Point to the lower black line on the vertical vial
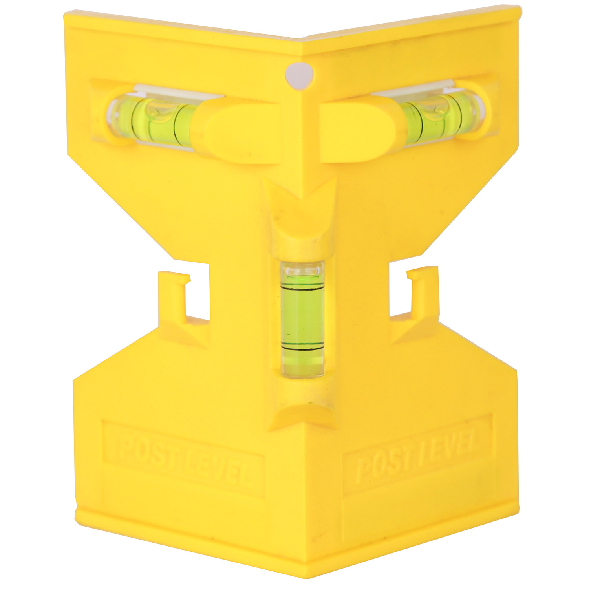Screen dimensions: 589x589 click(303, 348)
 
